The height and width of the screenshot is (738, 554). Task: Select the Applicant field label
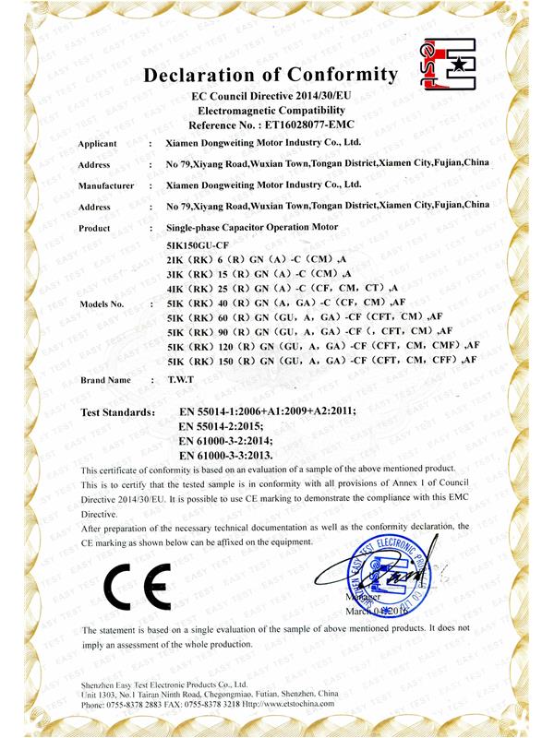pos(98,145)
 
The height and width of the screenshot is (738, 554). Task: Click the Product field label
pos(95,228)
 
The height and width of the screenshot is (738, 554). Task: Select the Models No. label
pos(102,304)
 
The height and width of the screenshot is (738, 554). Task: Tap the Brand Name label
pos(104,380)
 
